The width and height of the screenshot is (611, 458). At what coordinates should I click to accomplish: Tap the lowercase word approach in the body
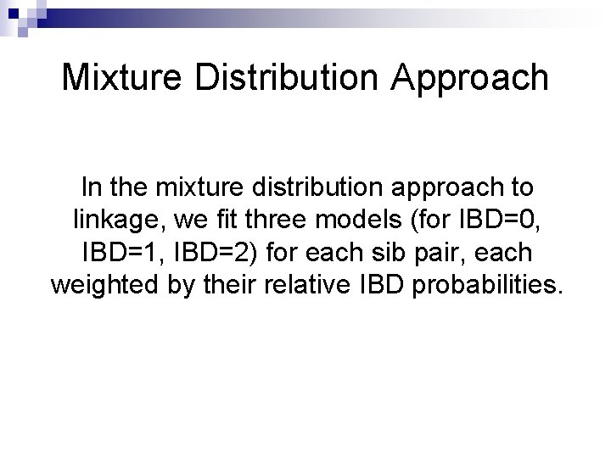tap(457, 187)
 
